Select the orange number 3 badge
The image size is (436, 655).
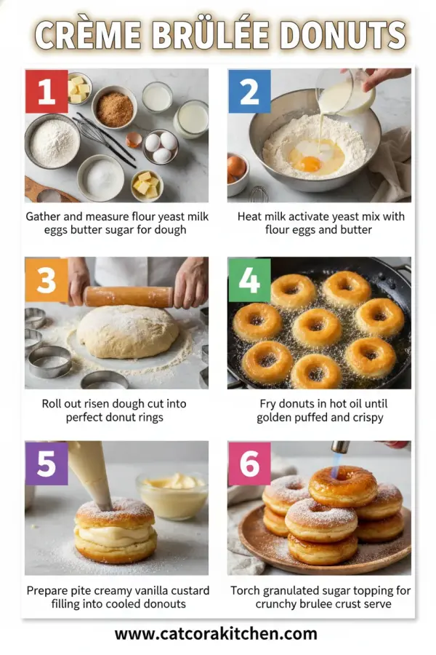point(47,279)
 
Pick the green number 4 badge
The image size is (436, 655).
point(249,279)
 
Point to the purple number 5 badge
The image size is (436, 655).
point(47,463)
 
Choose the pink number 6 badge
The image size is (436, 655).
point(249,463)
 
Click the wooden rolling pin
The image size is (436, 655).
point(128,296)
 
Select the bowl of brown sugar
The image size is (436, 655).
point(114,109)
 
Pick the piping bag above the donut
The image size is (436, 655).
point(93,469)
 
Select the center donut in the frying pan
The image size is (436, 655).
point(317,326)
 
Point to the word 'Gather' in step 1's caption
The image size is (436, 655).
point(44,217)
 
